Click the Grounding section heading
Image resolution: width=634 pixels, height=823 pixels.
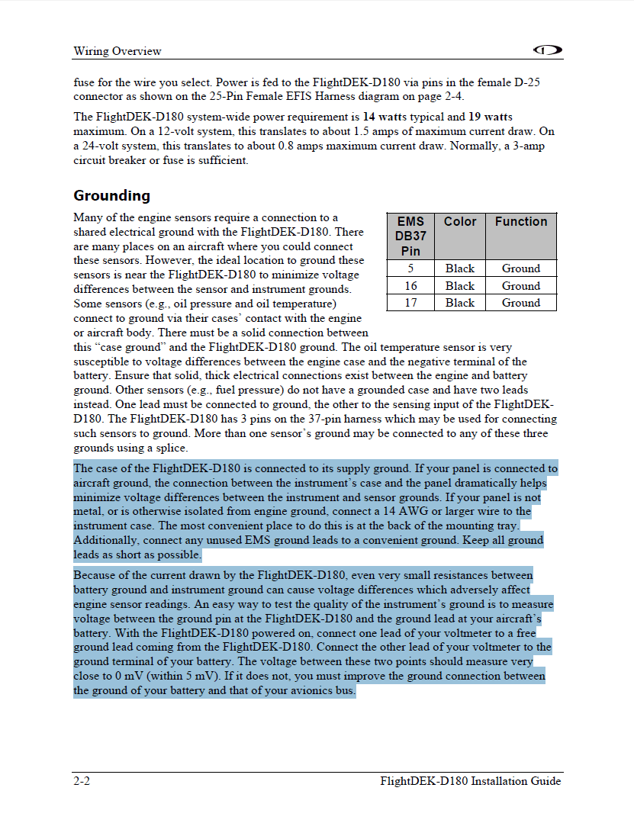click(x=112, y=196)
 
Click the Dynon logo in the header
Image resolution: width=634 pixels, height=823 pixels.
click(x=548, y=50)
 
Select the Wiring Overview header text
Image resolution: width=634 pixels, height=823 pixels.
click(x=117, y=51)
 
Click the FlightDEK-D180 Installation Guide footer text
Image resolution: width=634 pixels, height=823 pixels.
click(x=471, y=781)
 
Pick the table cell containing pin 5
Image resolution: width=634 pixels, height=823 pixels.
click(x=410, y=268)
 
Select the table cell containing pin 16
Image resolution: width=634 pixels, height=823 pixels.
click(x=410, y=286)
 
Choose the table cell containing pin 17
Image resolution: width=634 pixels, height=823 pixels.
click(x=410, y=303)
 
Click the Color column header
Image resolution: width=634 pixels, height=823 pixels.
click(x=460, y=222)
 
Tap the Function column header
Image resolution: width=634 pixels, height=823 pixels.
click(x=521, y=222)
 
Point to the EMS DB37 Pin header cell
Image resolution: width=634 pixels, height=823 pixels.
click(x=410, y=236)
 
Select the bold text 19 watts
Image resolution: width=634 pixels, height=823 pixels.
click(x=490, y=117)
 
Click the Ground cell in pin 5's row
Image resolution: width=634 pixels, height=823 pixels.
click(x=521, y=268)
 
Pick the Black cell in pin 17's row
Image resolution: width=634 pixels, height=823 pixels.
click(x=460, y=303)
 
